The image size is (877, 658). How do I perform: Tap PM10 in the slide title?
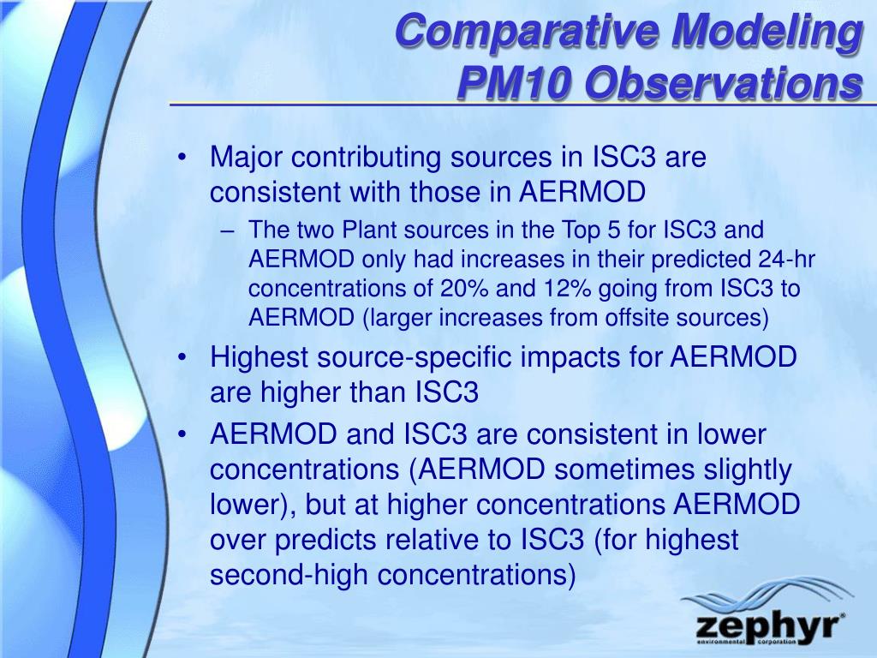pos(515,83)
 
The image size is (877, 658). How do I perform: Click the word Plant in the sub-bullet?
pos(369,230)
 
